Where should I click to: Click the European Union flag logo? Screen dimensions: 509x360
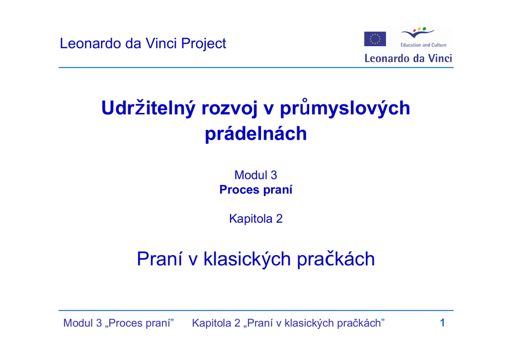375,39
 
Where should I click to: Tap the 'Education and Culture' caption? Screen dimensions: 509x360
424,45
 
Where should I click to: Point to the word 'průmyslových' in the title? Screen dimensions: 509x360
345,108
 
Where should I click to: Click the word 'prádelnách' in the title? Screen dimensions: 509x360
256,133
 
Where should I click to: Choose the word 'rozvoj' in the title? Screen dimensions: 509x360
230,109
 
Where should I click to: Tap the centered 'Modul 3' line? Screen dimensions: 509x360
256,176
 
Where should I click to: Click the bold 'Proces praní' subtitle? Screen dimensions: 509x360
256,190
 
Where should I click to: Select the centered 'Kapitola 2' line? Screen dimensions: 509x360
256,219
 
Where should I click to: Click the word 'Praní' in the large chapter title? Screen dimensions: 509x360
160,259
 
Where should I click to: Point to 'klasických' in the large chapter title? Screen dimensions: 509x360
247,260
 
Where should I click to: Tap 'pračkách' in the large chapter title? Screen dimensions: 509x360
336,260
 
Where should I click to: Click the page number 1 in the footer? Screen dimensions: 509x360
442,323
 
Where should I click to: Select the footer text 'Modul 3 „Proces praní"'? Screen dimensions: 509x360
118,323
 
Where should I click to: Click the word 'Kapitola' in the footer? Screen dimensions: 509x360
212,323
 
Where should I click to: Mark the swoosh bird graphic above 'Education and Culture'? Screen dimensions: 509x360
418,33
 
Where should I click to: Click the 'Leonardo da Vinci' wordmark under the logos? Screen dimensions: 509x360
408,59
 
